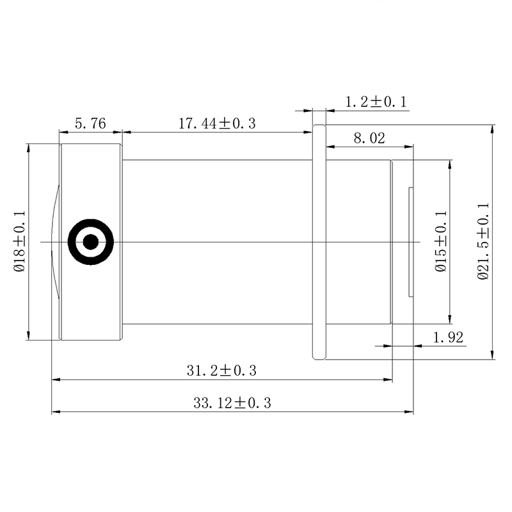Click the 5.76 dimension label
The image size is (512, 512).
point(90,124)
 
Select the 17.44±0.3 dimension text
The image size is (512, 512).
point(217,124)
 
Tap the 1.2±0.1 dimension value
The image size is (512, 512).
point(376,102)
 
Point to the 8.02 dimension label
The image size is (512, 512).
point(369,138)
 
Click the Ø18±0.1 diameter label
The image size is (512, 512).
point(20,241)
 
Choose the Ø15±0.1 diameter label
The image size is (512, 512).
point(441,241)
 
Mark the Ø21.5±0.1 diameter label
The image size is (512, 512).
point(483,241)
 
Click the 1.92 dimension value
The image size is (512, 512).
point(448,337)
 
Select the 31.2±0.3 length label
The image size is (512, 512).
point(221,371)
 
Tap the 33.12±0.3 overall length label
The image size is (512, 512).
point(232,403)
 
